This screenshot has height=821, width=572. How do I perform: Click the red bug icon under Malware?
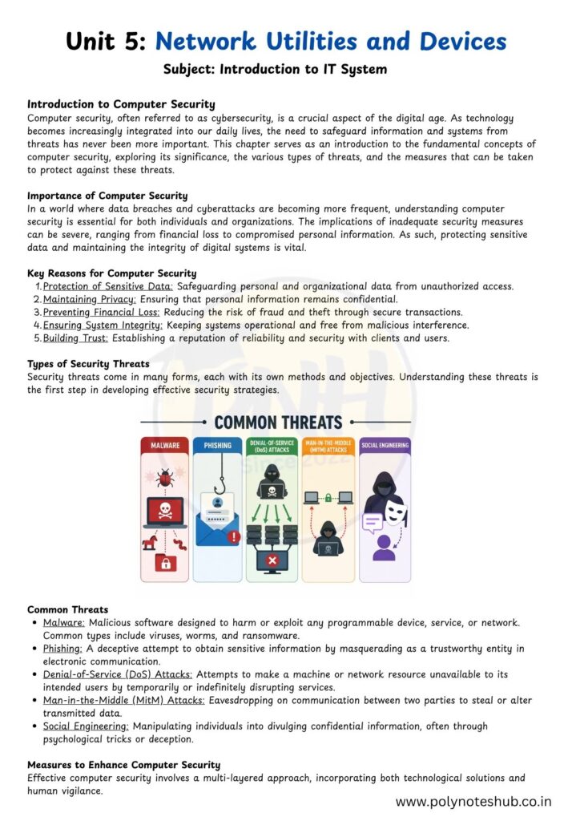[164, 479]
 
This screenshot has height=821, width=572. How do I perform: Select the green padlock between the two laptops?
[328, 498]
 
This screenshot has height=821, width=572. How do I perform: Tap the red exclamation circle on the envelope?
[234, 537]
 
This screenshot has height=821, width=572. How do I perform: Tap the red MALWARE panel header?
[164, 445]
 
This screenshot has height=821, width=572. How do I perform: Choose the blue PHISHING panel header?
[218, 445]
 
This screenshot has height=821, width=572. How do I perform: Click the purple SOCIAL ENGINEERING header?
[385, 445]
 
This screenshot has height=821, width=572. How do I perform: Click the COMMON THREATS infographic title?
[277, 423]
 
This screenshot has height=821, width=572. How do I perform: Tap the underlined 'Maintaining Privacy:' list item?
[89, 299]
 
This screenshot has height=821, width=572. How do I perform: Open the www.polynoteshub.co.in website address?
[473, 800]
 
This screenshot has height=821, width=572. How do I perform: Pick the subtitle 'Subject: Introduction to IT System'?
[275, 70]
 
